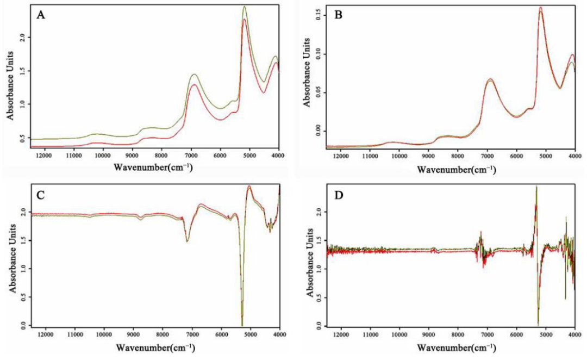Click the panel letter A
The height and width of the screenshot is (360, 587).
point(41,16)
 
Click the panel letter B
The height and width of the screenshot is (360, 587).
point(338,16)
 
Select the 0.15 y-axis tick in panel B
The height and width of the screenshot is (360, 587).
point(320,15)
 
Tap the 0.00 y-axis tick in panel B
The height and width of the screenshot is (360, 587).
point(320,131)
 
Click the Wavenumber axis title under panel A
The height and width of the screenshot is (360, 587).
point(153,167)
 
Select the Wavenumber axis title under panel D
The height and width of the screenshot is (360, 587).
point(457,348)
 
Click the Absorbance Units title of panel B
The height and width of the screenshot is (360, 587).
point(307,72)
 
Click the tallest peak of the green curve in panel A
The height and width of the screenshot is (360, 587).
point(245,7)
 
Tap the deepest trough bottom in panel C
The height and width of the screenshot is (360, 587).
point(242,325)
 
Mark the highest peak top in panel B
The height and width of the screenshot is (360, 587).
point(540,8)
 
